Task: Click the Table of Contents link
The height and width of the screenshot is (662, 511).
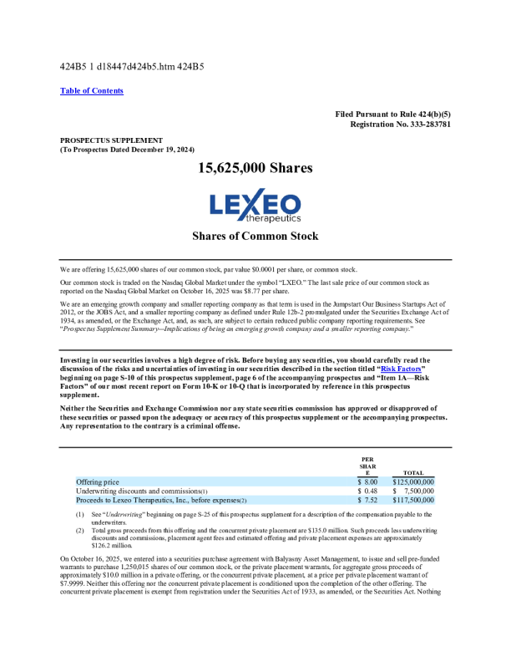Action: tap(92, 90)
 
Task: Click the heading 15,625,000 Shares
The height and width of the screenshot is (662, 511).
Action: tap(255, 169)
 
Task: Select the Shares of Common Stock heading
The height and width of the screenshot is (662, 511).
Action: tap(255, 237)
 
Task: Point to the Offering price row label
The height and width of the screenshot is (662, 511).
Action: tap(98, 482)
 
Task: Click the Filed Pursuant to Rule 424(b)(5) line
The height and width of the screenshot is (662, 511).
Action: tap(393, 114)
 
